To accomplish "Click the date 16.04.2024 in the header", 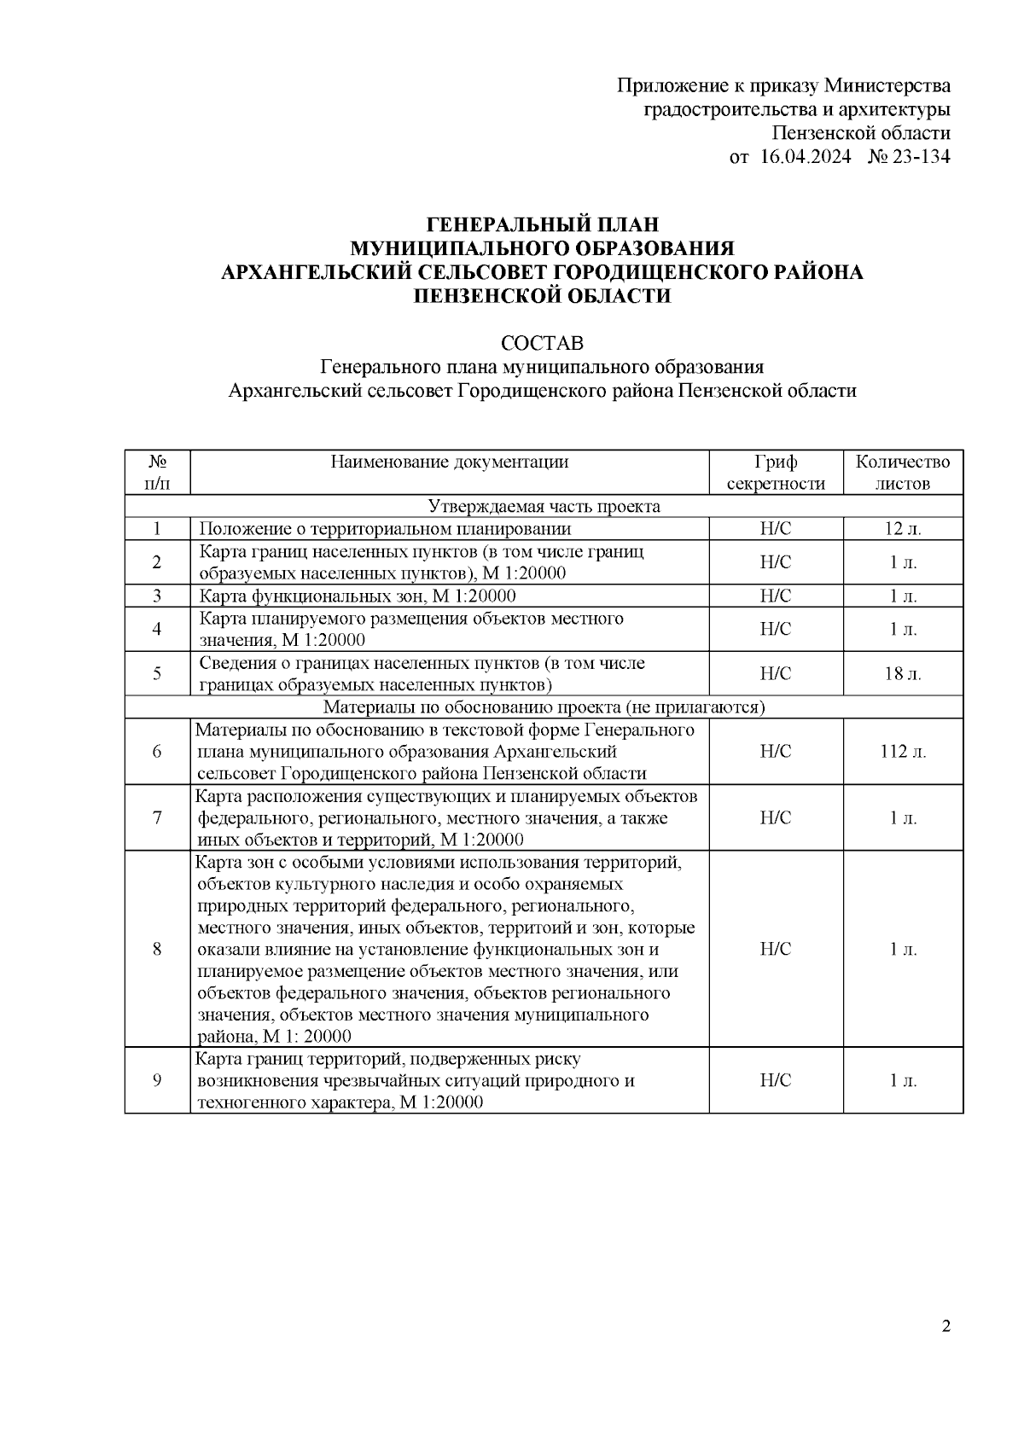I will pyautogui.click(x=805, y=157).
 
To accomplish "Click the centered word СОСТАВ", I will pyautogui.click(x=542, y=343).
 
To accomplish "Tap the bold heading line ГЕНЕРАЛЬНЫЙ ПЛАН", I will pyautogui.click(x=542, y=224).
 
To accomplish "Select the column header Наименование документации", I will pyautogui.click(x=450, y=462).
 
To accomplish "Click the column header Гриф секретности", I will pyautogui.click(x=776, y=473).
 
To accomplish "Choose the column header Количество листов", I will pyautogui.click(x=903, y=473).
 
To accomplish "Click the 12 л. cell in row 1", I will pyautogui.click(x=903, y=529).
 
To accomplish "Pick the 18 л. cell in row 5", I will pyautogui.click(x=903, y=674).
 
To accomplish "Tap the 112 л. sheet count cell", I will pyautogui.click(x=903, y=752).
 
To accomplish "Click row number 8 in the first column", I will pyautogui.click(x=157, y=949).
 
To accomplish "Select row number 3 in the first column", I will pyautogui.click(x=157, y=596).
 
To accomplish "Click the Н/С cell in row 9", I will pyautogui.click(x=776, y=1080).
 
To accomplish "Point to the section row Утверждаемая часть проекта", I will pyautogui.click(x=544, y=506).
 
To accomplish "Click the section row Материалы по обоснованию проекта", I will pyautogui.click(x=544, y=707).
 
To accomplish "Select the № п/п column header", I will pyautogui.click(x=157, y=473).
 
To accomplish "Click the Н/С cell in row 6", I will pyautogui.click(x=776, y=752).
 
